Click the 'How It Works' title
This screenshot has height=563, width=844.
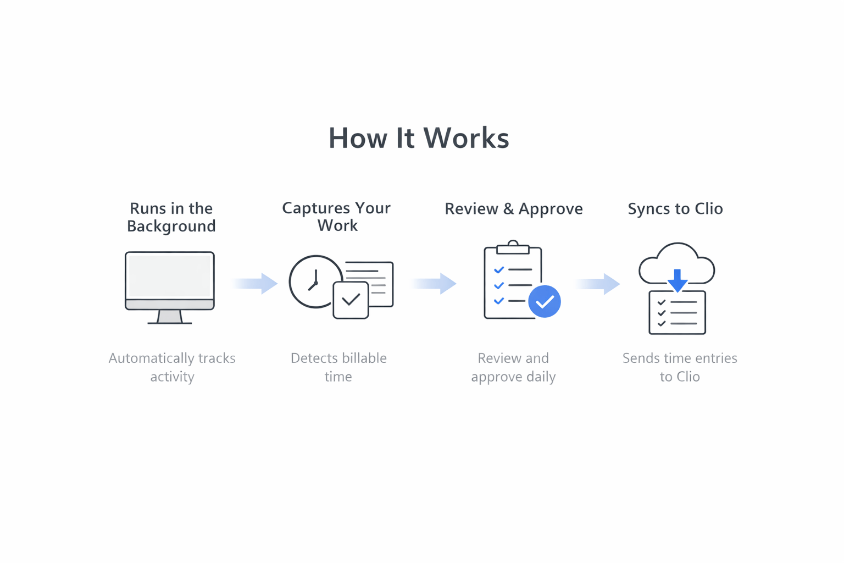[419, 138]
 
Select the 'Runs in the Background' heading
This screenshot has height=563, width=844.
[171, 217]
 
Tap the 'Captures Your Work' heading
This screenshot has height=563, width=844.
[336, 217]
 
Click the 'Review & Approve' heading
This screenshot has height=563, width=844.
[513, 209]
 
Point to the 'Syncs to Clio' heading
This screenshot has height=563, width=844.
[675, 209]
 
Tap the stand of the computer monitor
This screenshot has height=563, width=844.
[169, 317]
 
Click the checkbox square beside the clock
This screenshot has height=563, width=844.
[351, 300]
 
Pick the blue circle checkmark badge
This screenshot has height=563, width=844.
[544, 301]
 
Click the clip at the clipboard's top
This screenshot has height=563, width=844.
[513, 247]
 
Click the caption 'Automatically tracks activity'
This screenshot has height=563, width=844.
[172, 367]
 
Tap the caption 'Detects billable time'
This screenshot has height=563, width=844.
[338, 367]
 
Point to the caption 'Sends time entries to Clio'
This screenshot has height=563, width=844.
[679, 367]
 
